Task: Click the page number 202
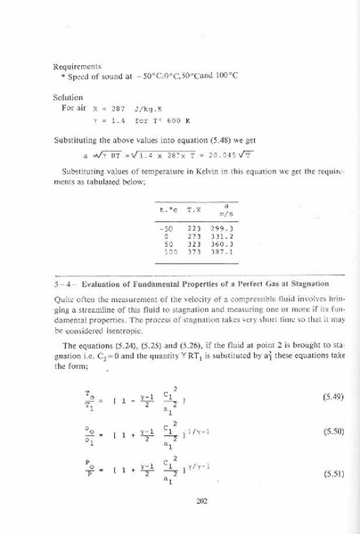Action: coord(182,502)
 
